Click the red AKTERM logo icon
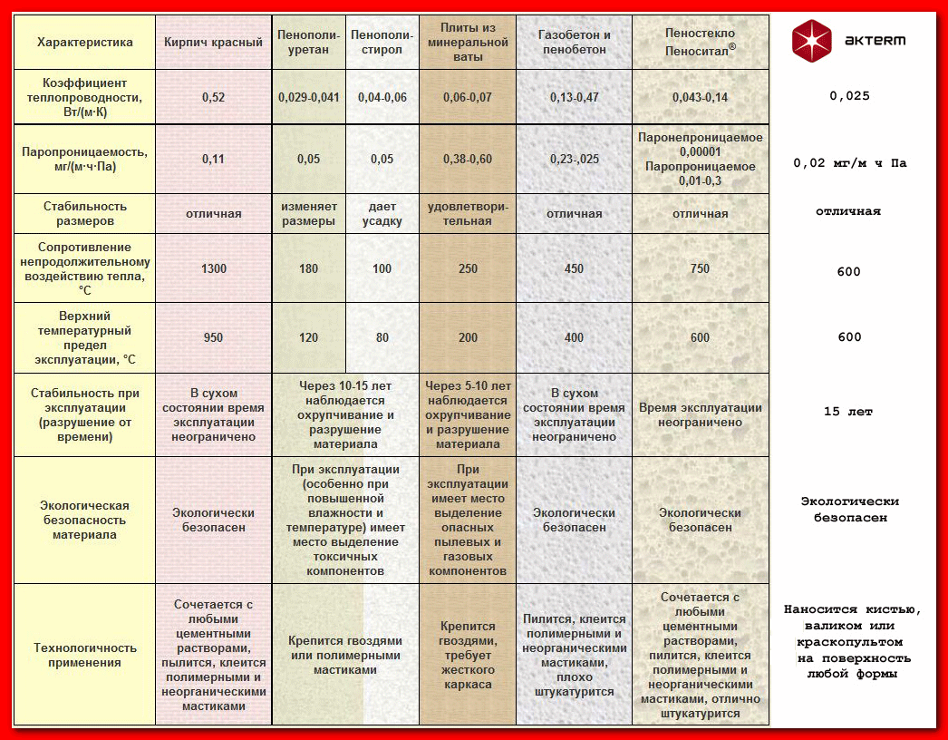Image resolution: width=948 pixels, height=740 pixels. pos(811,41)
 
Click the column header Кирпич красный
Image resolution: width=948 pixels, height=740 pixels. pos(214,42)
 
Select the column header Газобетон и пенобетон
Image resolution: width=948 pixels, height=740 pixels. pos(575,42)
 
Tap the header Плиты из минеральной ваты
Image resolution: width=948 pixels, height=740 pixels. pos(468,42)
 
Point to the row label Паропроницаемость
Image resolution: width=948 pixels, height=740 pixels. pos(84,159)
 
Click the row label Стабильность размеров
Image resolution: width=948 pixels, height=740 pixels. pos(84,213)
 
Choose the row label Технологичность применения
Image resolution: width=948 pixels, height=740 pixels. pos(84,655)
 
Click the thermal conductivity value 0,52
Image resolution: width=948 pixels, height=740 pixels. pos(214,97)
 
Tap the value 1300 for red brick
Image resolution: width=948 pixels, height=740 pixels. pos(214,269)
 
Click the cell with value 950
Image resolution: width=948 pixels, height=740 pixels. pos(214,337)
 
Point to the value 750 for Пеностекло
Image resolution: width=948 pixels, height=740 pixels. pos(700,269)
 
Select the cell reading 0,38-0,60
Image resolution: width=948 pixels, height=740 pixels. pos(468,159)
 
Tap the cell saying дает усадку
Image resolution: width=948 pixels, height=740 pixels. pos(382,213)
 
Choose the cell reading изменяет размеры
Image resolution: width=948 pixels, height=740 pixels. pos(308,213)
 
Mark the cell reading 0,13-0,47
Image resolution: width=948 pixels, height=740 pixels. pos(575,97)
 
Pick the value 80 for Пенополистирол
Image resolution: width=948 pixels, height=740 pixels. pos(382,337)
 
